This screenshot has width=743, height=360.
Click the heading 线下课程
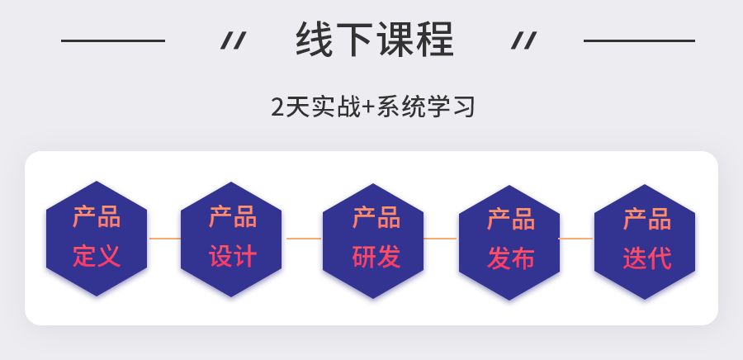[374, 40]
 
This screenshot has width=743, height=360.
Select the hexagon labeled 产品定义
[97, 238]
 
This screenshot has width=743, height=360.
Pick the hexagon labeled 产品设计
[232, 238]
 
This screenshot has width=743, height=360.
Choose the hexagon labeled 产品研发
[374, 238]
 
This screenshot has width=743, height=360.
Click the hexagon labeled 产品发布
[509, 238]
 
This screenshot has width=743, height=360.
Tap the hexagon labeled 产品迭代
[645, 238]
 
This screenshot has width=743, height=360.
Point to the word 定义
[97, 256]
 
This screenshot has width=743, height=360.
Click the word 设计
[232, 256]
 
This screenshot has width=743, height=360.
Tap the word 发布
[510, 258]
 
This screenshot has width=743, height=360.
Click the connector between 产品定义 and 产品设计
[164, 239]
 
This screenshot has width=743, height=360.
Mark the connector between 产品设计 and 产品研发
[303, 239]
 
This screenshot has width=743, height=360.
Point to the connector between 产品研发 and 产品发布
[441, 239]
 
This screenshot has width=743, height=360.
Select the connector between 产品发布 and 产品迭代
[576, 239]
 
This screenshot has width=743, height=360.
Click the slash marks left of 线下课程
[233, 40]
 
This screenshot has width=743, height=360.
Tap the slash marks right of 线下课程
[523, 40]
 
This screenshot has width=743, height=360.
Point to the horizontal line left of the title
[113, 40]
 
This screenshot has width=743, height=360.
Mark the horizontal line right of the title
[639, 40]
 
